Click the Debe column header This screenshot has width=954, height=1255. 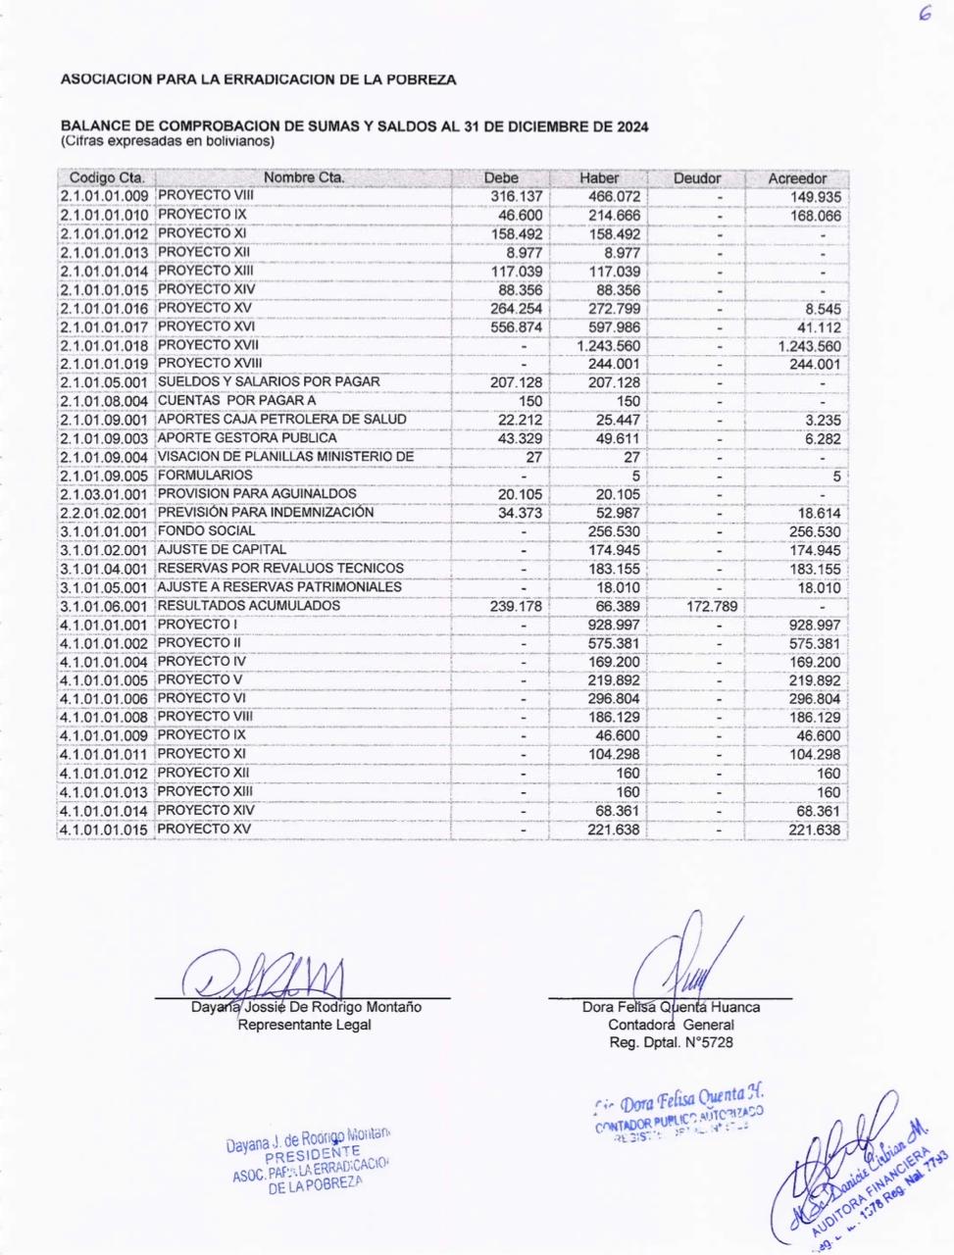501,178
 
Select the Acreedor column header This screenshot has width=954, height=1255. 797,178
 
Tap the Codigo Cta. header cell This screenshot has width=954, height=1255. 107,178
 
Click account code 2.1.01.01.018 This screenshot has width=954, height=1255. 104,345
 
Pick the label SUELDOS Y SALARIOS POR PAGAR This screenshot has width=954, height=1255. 269,381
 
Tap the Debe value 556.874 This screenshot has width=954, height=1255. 516,327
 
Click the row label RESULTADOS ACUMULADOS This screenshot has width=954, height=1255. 249,606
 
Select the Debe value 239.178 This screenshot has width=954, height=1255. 516,606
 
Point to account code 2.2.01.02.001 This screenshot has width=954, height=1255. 104,513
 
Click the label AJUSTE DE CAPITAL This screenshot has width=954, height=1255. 222,550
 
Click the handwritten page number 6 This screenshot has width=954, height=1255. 924,17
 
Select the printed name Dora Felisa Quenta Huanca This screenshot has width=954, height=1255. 671,1007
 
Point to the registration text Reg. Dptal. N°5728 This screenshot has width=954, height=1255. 671,1043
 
